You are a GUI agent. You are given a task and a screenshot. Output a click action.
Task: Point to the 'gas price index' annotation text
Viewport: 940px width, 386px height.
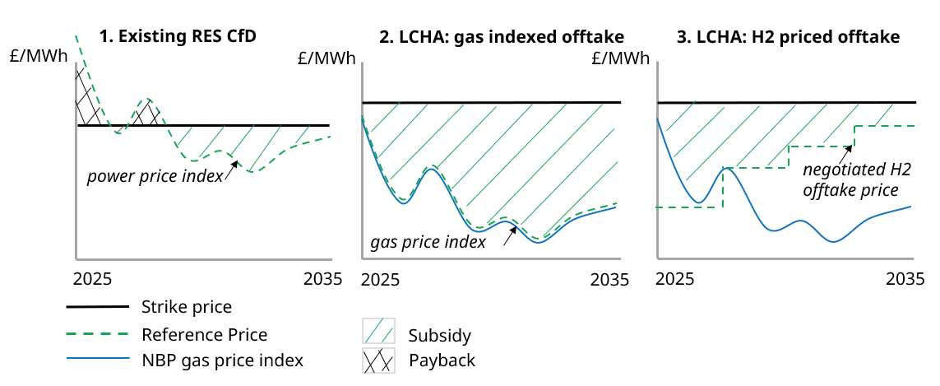point(428,242)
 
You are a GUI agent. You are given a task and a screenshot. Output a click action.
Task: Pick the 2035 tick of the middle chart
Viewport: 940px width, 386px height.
point(610,279)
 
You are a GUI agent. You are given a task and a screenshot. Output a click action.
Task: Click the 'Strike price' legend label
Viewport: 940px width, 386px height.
point(187,307)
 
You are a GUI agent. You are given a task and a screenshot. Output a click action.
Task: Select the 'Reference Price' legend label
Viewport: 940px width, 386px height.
point(204,334)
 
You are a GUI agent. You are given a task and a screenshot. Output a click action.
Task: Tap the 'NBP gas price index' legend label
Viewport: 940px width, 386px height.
point(222,360)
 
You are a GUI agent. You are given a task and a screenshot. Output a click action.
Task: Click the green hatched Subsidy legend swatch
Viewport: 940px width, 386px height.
point(378,332)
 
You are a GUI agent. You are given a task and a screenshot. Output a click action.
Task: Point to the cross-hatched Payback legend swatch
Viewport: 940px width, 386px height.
point(378,360)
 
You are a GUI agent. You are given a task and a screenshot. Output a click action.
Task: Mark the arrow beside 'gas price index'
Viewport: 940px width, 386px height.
point(509,235)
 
